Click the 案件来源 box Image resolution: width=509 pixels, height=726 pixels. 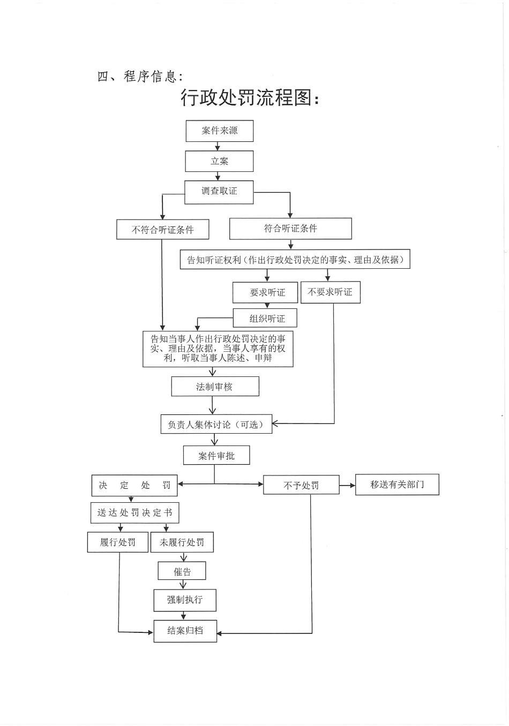tap(219, 131)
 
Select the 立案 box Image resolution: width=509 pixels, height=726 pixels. tap(219, 161)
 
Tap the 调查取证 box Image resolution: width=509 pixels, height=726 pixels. tap(219, 192)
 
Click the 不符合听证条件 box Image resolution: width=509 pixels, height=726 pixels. tap(162, 230)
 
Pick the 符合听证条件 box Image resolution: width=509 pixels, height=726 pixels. tap(290, 229)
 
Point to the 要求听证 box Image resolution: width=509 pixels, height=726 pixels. tap(267, 292)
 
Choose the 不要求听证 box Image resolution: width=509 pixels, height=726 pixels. tap(330, 292)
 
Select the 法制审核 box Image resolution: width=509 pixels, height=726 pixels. tap(214, 387)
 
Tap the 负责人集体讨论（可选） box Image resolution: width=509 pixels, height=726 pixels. tap(216, 424)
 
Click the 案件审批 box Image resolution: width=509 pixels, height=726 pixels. tap(216, 456)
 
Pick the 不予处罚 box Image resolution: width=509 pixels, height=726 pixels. tap(301, 485)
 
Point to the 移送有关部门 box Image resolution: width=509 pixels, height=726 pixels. tap(397, 485)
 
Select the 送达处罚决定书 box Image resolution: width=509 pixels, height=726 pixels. tap(134, 513)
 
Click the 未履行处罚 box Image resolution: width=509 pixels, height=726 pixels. tap(182, 542)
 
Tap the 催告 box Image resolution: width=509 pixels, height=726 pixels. tap(182, 571)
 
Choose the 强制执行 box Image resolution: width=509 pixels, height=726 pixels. tap(184, 600)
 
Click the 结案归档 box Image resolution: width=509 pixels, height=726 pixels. tap(185, 631)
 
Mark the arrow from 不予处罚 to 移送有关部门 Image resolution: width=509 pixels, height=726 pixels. tap(347, 486)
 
